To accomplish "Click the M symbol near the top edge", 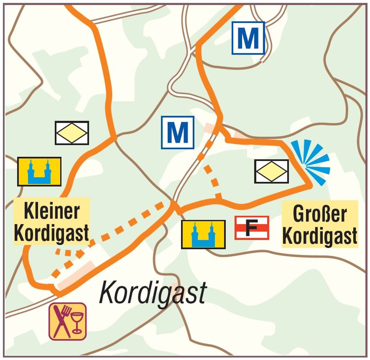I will pyautogui.click(x=248, y=38).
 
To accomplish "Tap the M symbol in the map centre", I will pyautogui.click(x=177, y=132).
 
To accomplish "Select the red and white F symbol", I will pyautogui.click(x=252, y=228).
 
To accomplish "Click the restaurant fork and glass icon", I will pyautogui.click(x=68, y=321).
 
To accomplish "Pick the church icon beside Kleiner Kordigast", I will pyautogui.click(x=39, y=171).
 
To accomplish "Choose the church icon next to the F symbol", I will pyautogui.click(x=203, y=234).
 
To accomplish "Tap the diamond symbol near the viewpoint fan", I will pyautogui.click(x=271, y=171).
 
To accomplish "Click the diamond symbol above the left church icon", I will pyautogui.click(x=72, y=133).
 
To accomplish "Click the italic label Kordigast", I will pyautogui.click(x=153, y=293).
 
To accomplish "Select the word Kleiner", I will pyautogui.click(x=51, y=211).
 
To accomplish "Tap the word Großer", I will pyautogui.click(x=320, y=214).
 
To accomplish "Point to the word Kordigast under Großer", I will pyautogui.click(x=320, y=236).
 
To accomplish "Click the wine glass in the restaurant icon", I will pyautogui.click(x=77, y=321).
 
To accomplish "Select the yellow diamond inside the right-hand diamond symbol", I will pyautogui.click(x=271, y=171).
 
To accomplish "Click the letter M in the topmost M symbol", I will pyautogui.click(x=248, y=38).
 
